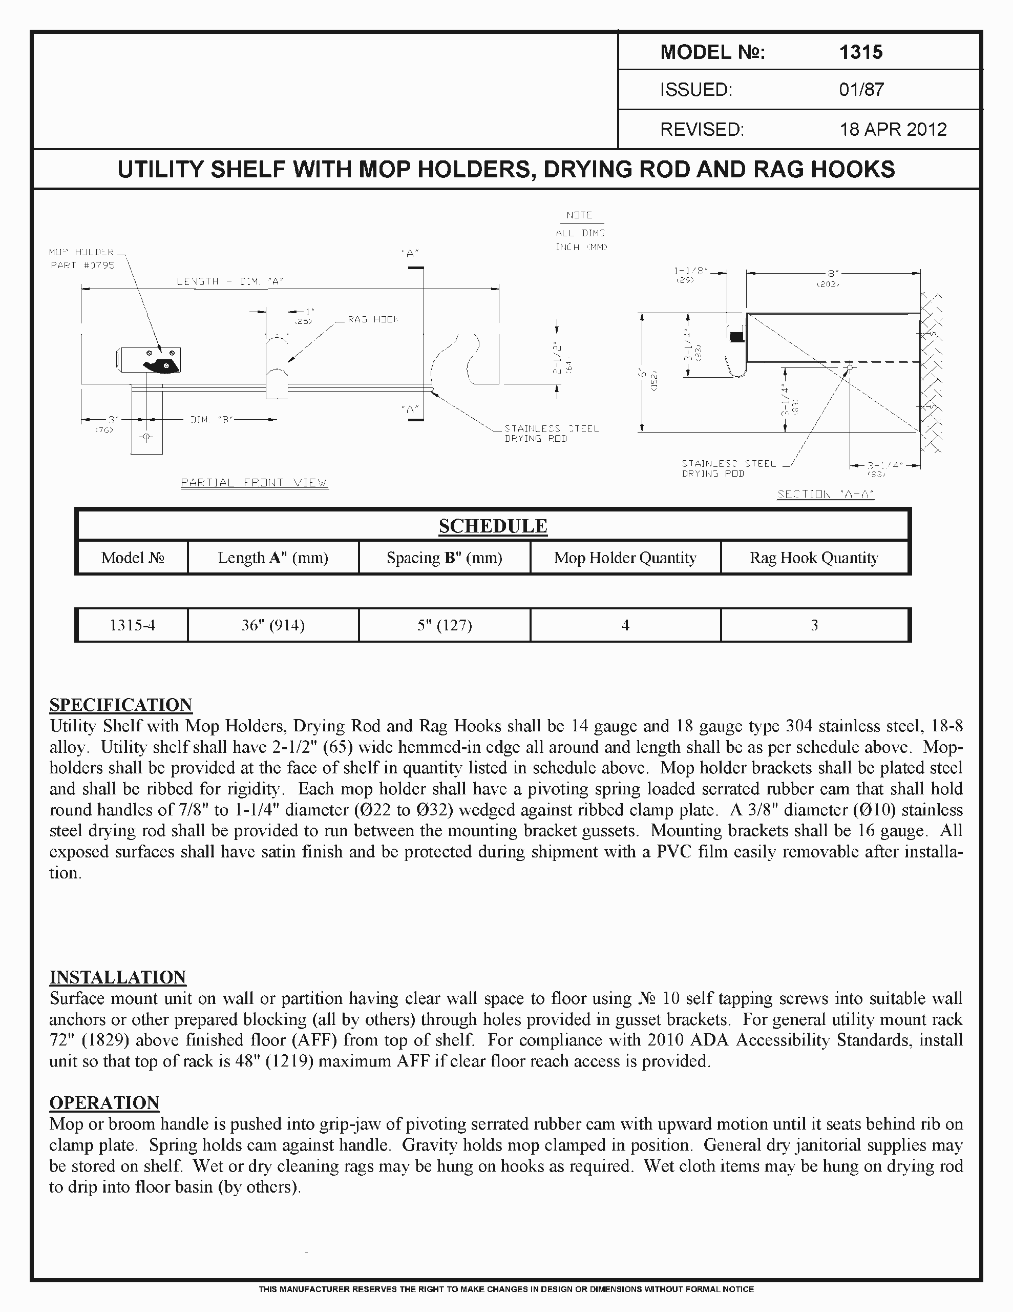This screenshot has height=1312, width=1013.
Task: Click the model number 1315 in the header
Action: tap(860, 52)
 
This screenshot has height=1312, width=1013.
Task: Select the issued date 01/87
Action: tap(861, 90)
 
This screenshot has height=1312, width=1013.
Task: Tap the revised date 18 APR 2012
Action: tap(892, 129)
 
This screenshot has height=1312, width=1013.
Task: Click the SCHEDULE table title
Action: tap(492, 526)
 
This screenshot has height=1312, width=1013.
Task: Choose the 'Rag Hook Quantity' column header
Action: tap(813, 558)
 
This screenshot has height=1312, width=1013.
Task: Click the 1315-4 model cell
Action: tap(132, 625)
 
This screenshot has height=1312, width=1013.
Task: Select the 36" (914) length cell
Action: tap(272, 625)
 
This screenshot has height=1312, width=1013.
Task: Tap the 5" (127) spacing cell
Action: tap(445, 625)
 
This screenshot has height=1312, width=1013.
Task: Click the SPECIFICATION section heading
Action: tap(121, 704)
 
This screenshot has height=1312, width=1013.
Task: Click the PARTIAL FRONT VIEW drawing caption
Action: tap(255, 482)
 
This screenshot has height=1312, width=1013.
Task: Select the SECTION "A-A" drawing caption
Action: tap(825, 495)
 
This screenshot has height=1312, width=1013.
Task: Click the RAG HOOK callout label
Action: tap(372, 320)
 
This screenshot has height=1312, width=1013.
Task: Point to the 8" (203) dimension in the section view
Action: tap(829, 278)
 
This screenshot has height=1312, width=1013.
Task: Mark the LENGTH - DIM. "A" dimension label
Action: tap(229, 281)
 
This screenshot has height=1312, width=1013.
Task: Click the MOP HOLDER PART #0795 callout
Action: tap(82, 259)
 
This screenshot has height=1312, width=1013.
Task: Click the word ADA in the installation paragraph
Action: tap(710, 1040)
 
